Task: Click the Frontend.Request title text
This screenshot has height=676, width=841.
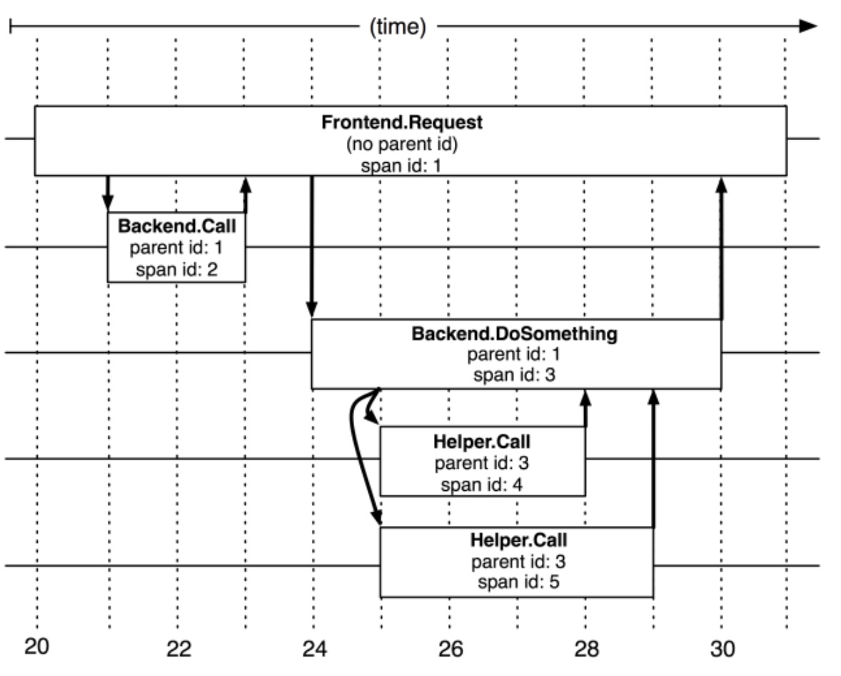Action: tap(401, 122)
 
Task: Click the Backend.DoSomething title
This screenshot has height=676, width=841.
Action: tap(514, 334)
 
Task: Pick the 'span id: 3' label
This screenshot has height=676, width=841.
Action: tap(514, 376)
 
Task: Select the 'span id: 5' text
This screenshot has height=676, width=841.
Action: tap(518, 582)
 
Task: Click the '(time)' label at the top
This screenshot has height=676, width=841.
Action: tap(398, 27)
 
